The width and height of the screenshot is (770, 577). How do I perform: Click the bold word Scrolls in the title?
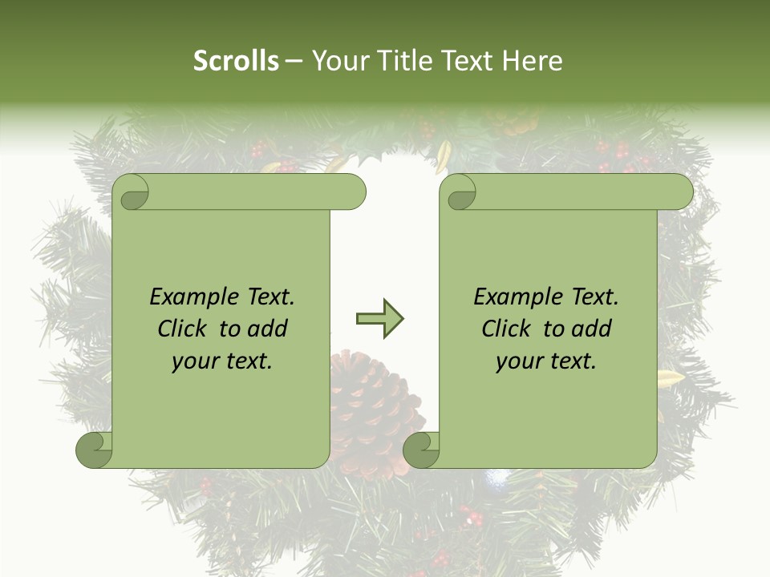click(236, 60)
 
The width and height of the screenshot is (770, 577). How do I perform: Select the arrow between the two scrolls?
click(379, 319)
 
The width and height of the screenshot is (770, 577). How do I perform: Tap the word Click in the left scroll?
click(184, 329)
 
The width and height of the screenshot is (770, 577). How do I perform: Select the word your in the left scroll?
click(195, 361)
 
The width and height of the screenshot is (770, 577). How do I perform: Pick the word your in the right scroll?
click(519, 361)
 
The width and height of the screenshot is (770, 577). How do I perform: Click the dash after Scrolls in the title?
click(294, 62)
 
